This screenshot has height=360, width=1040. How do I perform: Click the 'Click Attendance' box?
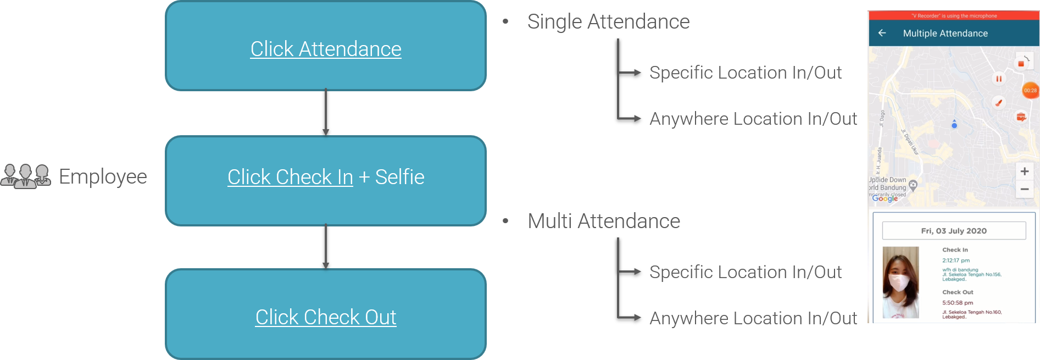pyautogui.click(x=326, y=48)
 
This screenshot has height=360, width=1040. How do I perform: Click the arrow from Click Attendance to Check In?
pyautogui.click(x=326, y=113)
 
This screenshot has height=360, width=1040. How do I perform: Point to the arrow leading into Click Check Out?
pyautogui.click(x=326, y=247)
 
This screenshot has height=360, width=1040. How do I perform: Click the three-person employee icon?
pyautogui.click(x=25, y=176)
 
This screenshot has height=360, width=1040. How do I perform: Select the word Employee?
pyautogui.click(x=103, y=177)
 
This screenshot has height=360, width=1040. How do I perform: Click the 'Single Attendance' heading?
pyautogui.click(x=608, y=22)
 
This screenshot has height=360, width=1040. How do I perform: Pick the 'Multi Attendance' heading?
pyautogui.click(x=604, y=221)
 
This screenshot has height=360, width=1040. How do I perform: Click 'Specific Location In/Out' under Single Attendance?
pyautogui.click(x=746, y=73)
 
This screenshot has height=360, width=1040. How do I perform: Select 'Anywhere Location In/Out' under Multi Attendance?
pyautogui.click(x=753, y=318)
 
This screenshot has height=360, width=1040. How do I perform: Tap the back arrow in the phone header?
pyautogui.click(x=882, y=33)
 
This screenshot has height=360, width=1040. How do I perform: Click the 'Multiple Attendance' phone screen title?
pyautogui.click(x=946, y=34)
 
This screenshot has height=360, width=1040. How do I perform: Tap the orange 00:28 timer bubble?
pyautogui.click(x=1030, y=91)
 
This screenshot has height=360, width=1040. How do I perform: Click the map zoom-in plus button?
pyautogui.click(x=1025, y=171)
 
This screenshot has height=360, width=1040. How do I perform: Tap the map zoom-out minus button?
pyautogui.click(x=1025, y=190)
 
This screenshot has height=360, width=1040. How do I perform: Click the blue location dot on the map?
pyautogui.click(x=954, y=125)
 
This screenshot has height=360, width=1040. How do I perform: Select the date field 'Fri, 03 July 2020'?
pyautogui.click(x=954, y=231)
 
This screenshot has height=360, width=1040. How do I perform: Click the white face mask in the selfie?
pyautogui.click(x=900, y=283)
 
